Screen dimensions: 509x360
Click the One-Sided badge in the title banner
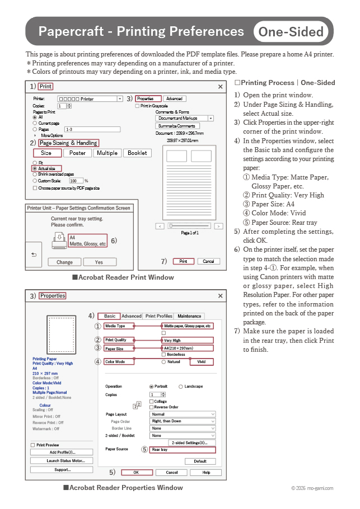click(x=291, y=32)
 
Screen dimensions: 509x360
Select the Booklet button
click(x=137, y=153)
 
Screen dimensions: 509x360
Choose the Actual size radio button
click(x=35, y=168)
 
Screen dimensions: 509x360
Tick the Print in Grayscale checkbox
click(x=138, y=106)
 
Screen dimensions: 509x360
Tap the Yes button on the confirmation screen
click(x=99, y=262)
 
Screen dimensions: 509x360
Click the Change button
click(x=64, y=262)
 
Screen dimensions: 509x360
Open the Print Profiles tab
click(x=158, y=316)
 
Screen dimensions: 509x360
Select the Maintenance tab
click(x=189, y=316)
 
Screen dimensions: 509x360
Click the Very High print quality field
click(x=188, y=340)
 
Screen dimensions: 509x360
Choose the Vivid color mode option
click(x=202, y=362)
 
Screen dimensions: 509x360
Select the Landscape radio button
click(x=180, y=387)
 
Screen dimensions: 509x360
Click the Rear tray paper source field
click(x=183, y=450)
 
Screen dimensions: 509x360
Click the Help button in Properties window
click(x=207, y=473)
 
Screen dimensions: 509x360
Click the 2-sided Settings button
click(x=191, y=442)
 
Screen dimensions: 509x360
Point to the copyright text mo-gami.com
click(x=312, y=488)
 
